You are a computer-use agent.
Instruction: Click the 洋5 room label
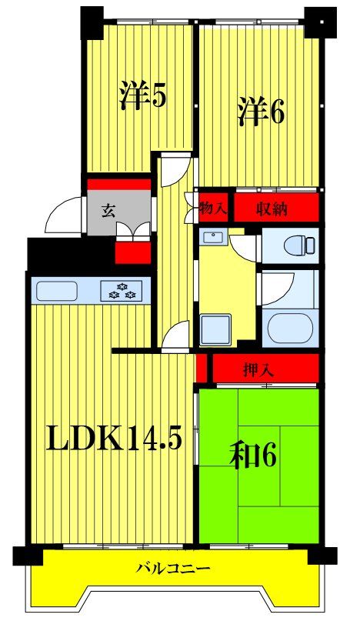tap(142, 95)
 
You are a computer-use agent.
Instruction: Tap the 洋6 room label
tap(261, 111)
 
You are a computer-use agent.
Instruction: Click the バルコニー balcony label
tap(173, 568)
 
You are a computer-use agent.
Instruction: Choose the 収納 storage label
tap(272, 209)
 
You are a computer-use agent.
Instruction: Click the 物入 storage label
tap(213, 209)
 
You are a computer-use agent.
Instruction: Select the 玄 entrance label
tap(108, 212)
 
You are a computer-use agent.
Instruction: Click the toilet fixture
tap(299, 245)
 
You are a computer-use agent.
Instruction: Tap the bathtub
tap(291, 329)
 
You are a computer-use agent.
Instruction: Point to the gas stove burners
tap(122, 291)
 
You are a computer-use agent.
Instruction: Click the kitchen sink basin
tap(57, 291)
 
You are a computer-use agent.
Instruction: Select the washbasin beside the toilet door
tap(213, 237)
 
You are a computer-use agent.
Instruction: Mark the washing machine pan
tap(215, 328)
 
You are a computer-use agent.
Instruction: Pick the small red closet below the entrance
tap(133, 253)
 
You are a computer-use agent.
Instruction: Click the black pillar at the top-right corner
tap(320, 22)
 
